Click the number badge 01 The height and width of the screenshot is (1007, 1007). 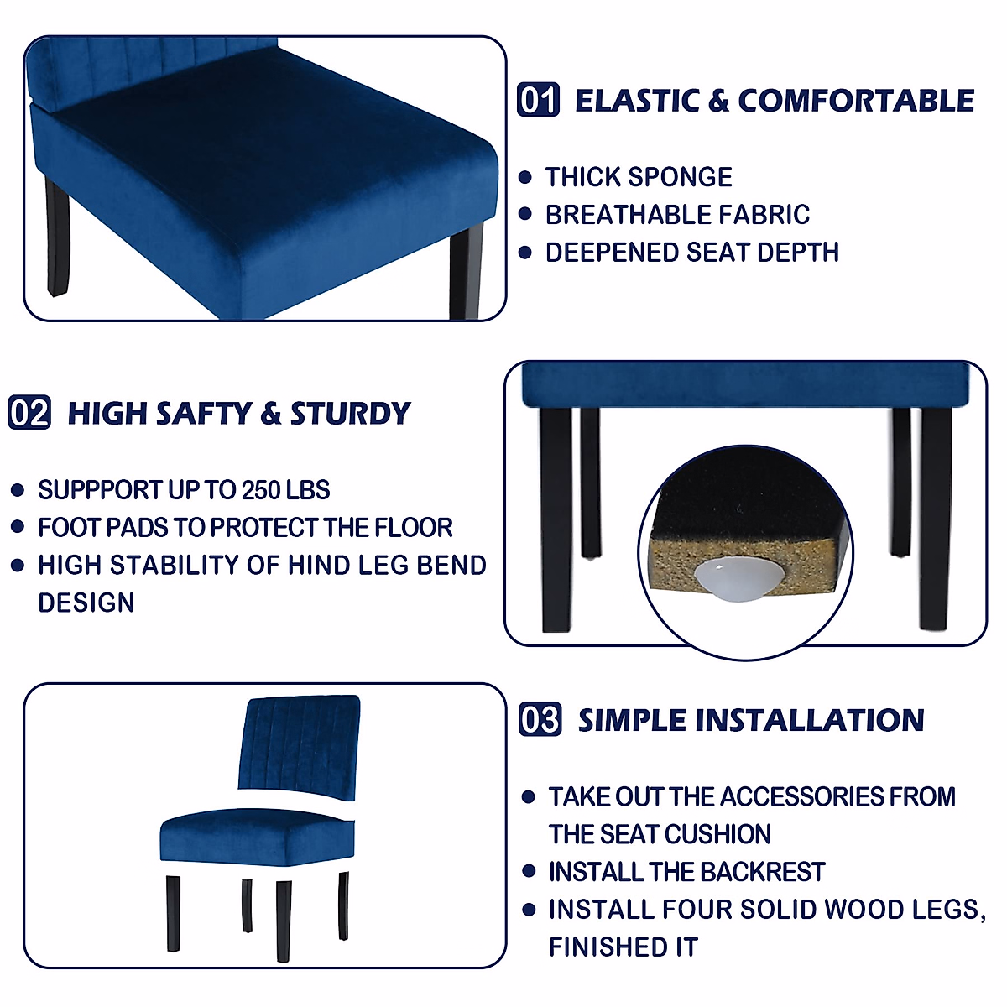538,100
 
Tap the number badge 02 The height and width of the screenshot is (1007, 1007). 30,413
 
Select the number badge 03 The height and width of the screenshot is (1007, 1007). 540,720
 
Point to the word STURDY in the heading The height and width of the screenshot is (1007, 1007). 350,414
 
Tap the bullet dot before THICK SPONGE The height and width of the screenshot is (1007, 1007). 526,177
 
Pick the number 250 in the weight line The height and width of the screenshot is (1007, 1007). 261,490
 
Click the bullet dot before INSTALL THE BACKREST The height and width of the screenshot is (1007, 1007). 529,872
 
